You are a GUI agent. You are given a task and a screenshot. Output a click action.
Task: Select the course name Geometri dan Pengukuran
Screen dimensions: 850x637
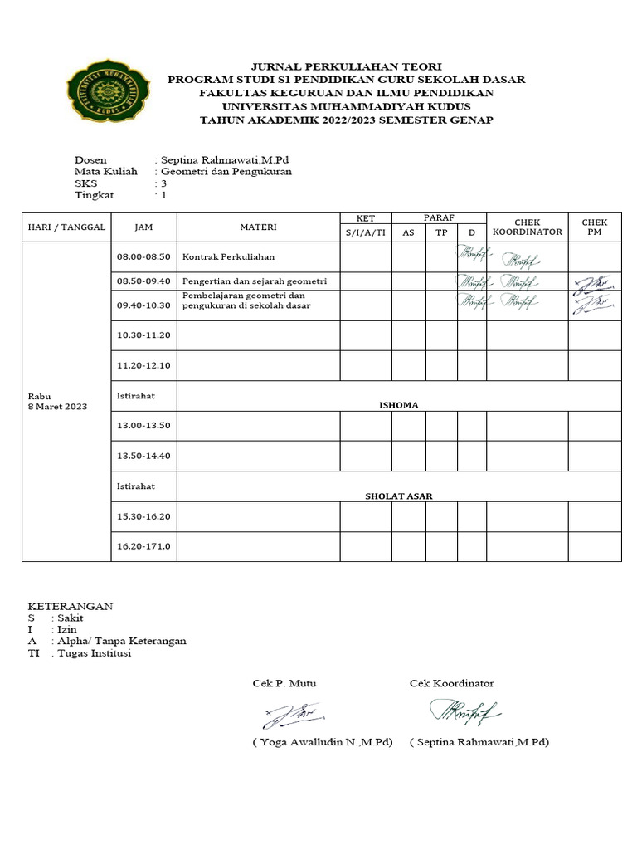(226, 172)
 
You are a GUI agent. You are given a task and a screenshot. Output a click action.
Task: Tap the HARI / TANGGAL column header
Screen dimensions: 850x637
(66, 227)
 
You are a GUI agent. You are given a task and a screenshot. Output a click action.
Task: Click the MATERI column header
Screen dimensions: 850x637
(258, 227)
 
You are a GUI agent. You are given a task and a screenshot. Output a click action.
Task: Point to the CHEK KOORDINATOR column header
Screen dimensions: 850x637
(527, 227)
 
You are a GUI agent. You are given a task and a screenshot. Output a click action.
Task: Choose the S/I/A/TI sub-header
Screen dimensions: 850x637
(366, 233)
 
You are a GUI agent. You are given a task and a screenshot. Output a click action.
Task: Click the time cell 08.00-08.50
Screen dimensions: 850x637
(143, 257)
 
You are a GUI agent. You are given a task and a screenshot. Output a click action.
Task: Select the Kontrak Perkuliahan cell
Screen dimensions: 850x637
(228, 257)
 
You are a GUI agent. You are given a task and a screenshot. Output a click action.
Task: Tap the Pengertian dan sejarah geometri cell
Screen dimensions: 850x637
(255, 281)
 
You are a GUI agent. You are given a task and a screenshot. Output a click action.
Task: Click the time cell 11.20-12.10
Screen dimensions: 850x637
(143, 365)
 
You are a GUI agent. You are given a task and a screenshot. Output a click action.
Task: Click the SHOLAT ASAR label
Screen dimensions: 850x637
(399, 496)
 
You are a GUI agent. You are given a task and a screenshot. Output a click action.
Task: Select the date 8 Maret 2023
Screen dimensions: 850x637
(57, 407)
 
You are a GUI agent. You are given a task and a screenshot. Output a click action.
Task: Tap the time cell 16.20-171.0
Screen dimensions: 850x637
(143, 546)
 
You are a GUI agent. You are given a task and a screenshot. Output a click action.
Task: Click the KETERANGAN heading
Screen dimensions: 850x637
(71, 606)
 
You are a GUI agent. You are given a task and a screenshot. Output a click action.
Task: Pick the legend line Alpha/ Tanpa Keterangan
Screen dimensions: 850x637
(118, 641)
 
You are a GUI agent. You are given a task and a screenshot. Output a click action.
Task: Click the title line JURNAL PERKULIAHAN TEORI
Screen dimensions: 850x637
(347, 66)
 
